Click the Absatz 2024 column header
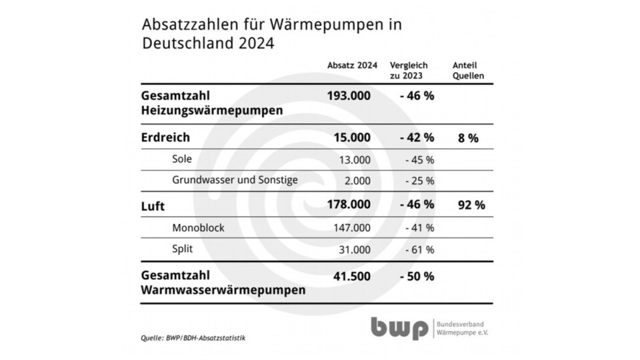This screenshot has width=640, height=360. (352, 65)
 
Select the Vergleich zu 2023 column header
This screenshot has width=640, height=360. (408, 70)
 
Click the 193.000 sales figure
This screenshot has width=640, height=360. (349, 95)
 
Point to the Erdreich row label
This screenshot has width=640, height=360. (166, 138)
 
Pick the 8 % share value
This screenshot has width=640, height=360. (468, 138)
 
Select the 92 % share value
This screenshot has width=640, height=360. (471, 205)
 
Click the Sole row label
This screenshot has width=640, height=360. (182, 159)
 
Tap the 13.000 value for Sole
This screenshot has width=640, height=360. (351, 159)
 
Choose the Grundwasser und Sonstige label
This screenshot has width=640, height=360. (235, 180)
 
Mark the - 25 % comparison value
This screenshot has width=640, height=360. (420, 181)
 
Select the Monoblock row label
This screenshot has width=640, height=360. (198, 228)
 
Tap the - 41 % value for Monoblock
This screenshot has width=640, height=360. (420, 228)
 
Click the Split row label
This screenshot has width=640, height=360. (183, 249)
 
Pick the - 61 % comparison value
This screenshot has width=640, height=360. (420, 250)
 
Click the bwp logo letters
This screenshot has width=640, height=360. (400, 328)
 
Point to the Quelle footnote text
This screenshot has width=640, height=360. (193, 338)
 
